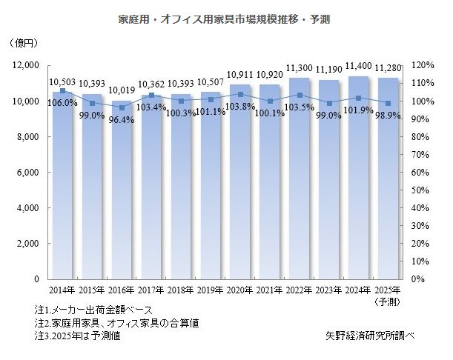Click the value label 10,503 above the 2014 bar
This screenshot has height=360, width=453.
coord(62,82)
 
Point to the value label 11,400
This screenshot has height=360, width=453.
coord(359,68)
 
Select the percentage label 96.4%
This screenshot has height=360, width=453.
coord(122,118)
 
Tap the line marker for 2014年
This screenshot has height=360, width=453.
coord(62,90)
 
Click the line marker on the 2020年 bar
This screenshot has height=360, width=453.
coord(240,94)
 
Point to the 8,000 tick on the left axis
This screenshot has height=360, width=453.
coord(26,137)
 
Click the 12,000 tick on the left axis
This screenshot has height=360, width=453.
coord(24,66)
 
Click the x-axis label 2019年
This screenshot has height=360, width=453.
coord(211,290)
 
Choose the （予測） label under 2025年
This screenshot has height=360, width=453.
coord(389,301)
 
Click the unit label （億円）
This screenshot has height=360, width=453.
coord(24,44)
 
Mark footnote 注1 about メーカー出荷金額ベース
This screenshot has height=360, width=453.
coord(93,310)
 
